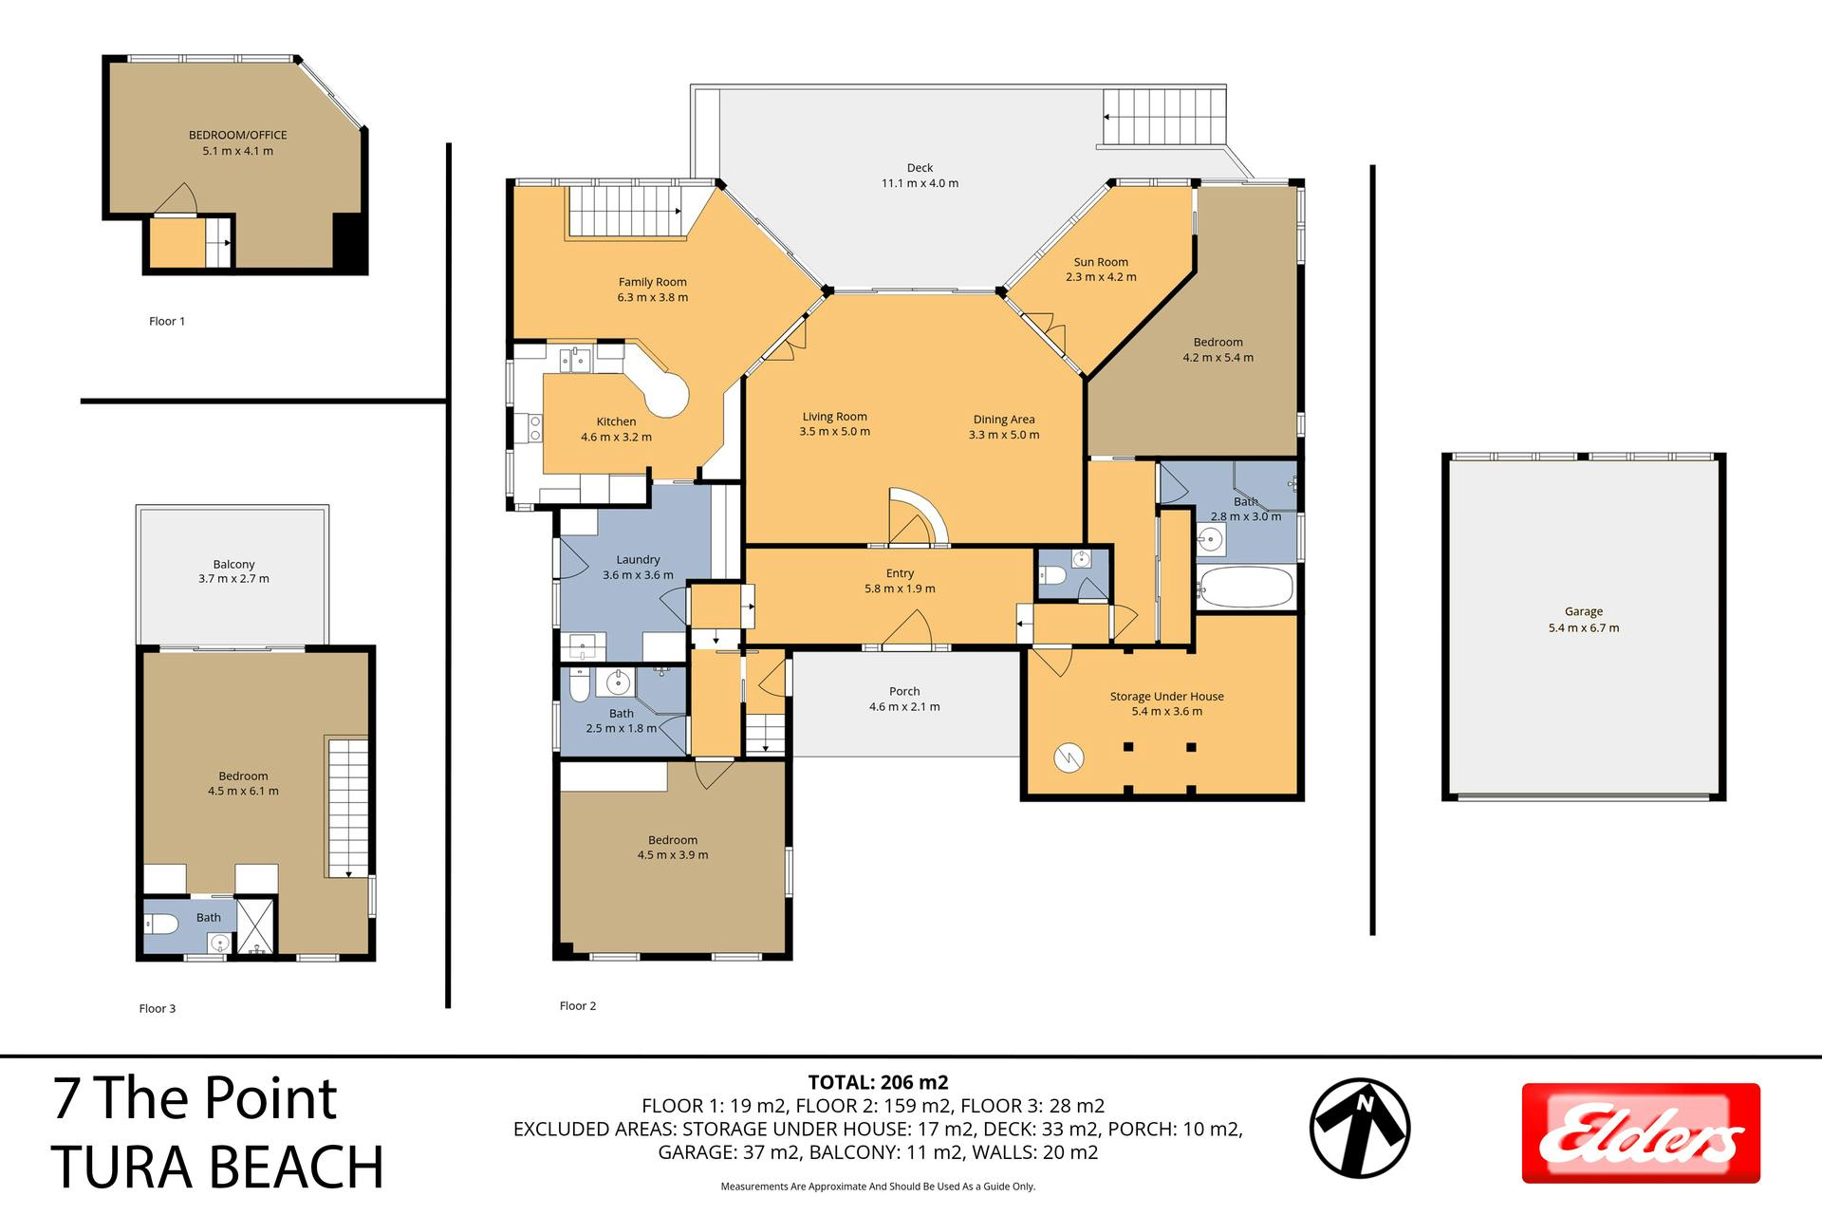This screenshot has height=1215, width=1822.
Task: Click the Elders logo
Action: click(x=1641, y=1133)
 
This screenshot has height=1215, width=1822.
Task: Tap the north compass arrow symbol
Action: click(x=1360, y=1129)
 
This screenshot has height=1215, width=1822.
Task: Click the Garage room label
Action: click(x=1584, y=612)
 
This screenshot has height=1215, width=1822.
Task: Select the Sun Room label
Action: click(x=1101, y=262)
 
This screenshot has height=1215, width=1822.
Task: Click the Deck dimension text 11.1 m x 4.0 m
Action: click(x=920, y=183)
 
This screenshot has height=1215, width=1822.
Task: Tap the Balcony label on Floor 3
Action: click(x=233, y=564)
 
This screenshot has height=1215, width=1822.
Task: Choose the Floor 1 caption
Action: click(x=167, y=321)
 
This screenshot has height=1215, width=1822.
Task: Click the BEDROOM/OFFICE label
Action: click(x=237, y=135)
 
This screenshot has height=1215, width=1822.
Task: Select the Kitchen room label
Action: click(x=616, y=421)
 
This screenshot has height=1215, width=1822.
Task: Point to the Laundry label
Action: click(x=638, y=560)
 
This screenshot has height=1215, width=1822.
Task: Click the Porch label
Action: click(x=904, y=691)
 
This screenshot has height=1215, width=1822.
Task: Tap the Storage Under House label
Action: click(x=1166, y=696)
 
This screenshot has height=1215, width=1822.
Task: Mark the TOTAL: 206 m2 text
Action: click(x=878, y=1082)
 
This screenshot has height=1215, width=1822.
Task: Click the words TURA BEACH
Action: click(x=217, y=1167)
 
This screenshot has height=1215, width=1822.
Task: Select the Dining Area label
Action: click(x=1004, y=420)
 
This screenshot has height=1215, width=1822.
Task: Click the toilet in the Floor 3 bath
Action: click(x=158, y=923)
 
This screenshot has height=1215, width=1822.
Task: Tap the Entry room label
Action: click(x=900, y=573)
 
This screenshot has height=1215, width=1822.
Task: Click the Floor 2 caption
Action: click(x=578, y=1005)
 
